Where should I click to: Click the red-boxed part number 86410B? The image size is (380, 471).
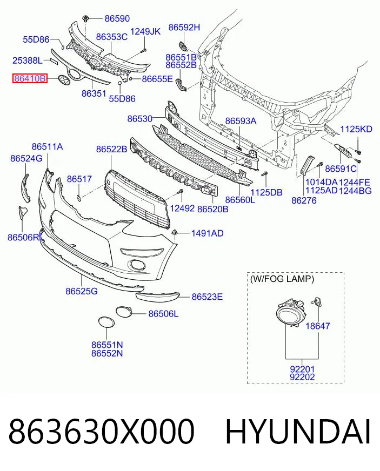point(30,78)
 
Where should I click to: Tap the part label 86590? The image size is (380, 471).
point(117,18)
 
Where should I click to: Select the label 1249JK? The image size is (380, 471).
point(145,31)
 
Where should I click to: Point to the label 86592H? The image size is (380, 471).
point(184,28)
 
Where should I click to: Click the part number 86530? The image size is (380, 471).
point(140,119)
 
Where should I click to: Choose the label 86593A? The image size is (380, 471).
point(241,121)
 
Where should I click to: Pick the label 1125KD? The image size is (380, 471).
point(356,129)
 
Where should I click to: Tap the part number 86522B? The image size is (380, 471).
point(111,149)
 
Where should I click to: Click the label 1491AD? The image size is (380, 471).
point(208,233)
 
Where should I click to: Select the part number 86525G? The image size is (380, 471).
point(82,291)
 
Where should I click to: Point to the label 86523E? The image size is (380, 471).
point(207,297)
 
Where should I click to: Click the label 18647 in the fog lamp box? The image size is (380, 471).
point(318,326)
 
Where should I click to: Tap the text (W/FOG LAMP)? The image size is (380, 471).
point(282,279)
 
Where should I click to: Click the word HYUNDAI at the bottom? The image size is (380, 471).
point(298,432)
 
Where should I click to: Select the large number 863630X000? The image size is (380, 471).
point(101,432)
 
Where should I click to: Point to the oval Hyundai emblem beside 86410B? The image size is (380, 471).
point(64,79)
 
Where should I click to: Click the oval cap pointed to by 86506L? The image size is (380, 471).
point(124,312)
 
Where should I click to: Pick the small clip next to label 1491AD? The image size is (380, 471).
point(175,232)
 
